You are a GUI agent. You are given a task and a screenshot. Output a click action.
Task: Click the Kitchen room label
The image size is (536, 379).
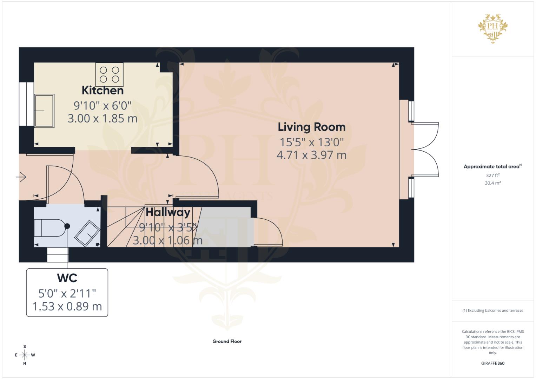coord(102,90)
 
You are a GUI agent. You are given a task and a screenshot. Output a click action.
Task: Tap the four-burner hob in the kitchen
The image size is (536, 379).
coord(110,74)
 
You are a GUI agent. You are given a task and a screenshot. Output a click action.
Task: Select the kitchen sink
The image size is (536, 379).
coord(44,111)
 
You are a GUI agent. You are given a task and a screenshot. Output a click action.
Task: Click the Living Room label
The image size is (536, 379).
coord(311,127)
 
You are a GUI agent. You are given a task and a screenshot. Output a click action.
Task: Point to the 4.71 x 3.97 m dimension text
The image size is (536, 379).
coord(311,155)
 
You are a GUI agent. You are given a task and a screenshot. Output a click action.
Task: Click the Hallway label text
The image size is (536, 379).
coord(168,212)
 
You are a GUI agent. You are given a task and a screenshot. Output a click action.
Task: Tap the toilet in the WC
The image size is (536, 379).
coord(51,228)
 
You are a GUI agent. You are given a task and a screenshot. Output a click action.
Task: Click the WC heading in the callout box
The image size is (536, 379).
coord(67,278)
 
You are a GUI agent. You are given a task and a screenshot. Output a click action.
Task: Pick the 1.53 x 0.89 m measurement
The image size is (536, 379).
coord(67,306)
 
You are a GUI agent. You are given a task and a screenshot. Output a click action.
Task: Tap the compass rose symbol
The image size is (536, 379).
coord(25,355)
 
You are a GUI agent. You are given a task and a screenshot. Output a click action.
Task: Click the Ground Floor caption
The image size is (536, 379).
coord(227,341)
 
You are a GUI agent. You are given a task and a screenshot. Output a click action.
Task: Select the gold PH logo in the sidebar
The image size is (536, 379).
coord(493,27)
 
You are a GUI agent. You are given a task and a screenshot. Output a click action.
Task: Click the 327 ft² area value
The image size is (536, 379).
coord(492,175)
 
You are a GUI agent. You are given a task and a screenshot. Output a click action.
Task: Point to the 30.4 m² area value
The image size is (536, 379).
coord(492,183)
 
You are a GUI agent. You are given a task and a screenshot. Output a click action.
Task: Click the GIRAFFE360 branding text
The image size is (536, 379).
coord(492,363)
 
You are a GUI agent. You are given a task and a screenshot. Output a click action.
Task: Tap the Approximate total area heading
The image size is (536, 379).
coord(492,167)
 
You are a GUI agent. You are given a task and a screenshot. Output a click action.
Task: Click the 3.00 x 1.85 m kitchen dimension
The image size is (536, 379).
coord(102,119)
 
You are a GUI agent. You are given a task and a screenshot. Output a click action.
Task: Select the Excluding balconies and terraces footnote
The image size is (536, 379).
coord(492,311)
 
